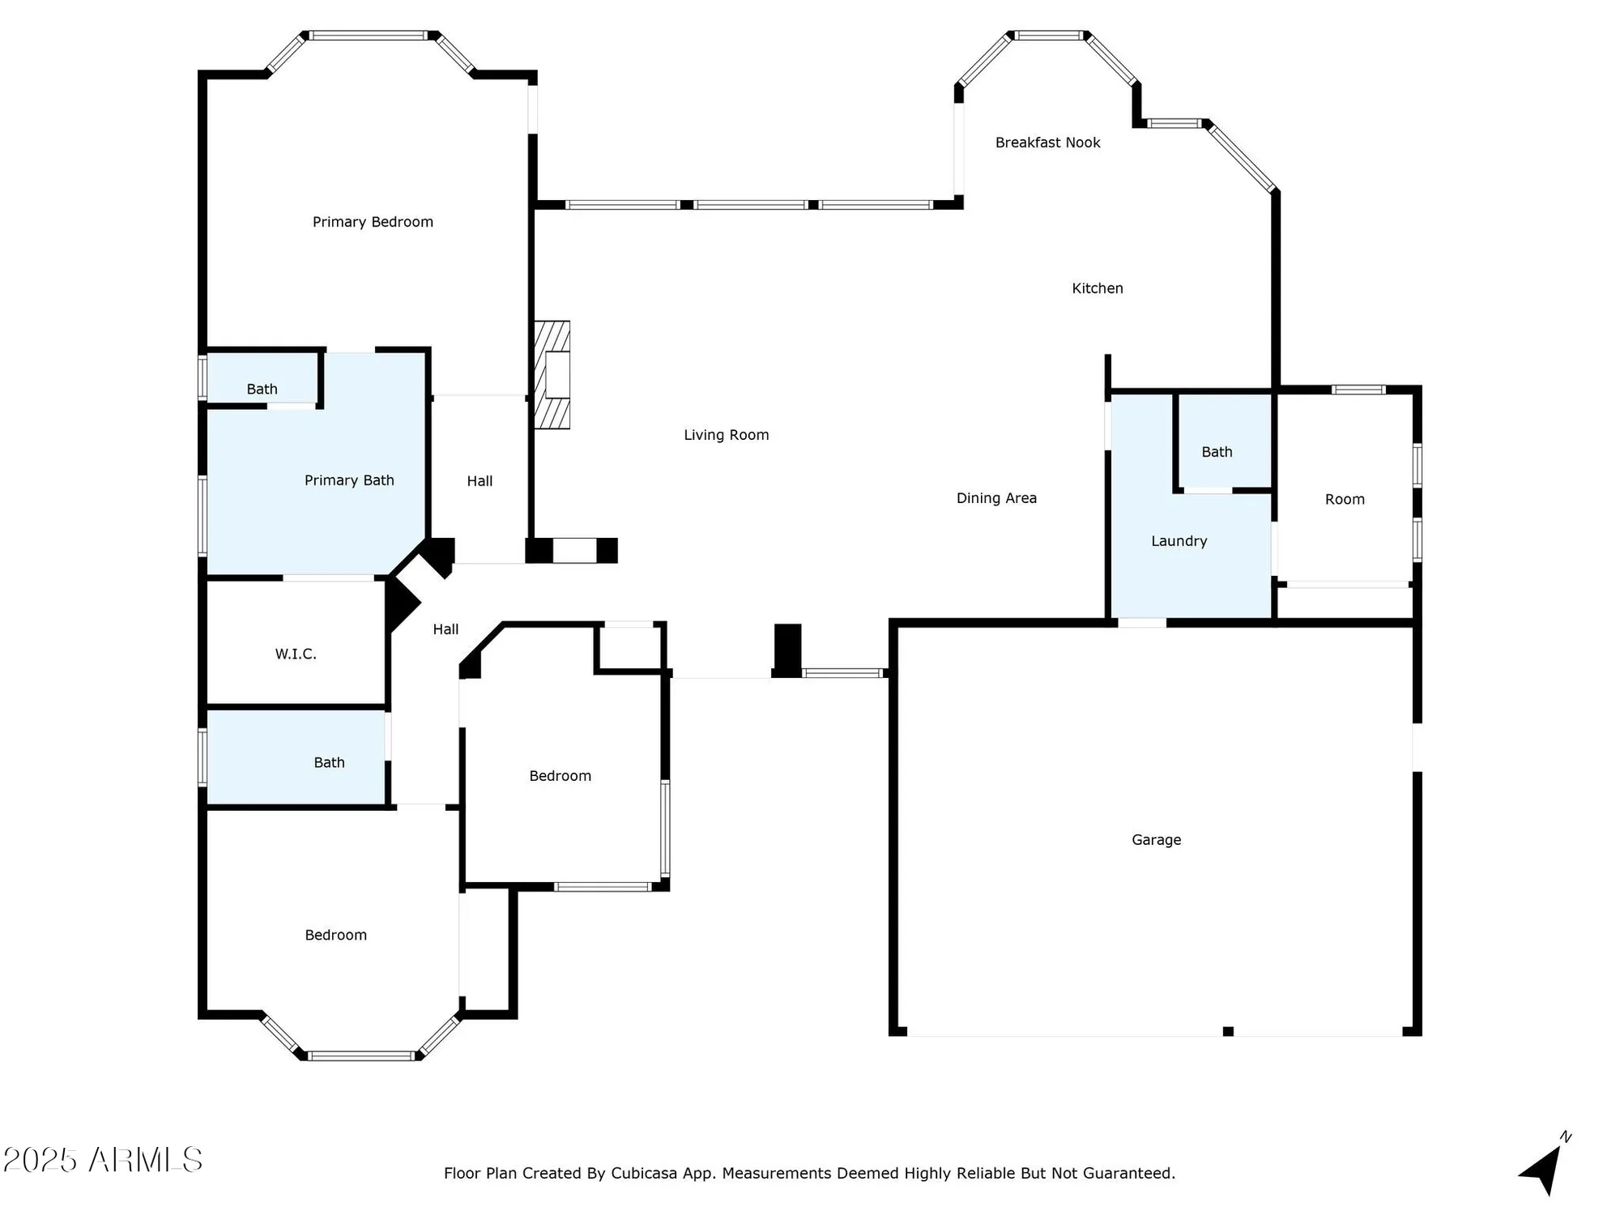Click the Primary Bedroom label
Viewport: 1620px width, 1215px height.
click(373, 222)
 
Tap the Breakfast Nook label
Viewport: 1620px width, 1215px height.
click(1047, 143)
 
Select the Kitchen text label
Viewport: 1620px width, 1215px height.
click(1097, 288)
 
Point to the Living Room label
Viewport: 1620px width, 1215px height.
click(726, 435)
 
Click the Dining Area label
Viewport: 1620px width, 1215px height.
click(996, 498)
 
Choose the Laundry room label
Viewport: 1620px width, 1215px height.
click(1179, 541)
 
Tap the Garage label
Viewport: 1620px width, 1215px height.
click(1156, 840)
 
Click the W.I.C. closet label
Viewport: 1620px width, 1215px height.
click(296, 654)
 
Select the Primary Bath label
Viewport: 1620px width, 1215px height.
click(349, 480)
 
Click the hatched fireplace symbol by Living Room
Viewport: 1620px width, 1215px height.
click(552, 374)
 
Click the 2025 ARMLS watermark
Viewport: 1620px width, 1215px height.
click(103, 1160)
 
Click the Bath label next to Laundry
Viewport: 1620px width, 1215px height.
click(1217, 452)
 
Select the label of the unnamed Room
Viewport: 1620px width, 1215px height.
click(1345, 500)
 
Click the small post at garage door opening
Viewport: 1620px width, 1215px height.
click(1228, 1031)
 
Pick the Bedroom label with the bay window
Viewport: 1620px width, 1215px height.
click(335, 935)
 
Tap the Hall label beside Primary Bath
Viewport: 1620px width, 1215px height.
click(480, 481)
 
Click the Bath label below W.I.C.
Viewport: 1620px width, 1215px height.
click(329, 762)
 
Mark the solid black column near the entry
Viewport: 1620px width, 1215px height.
click(787, 650)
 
